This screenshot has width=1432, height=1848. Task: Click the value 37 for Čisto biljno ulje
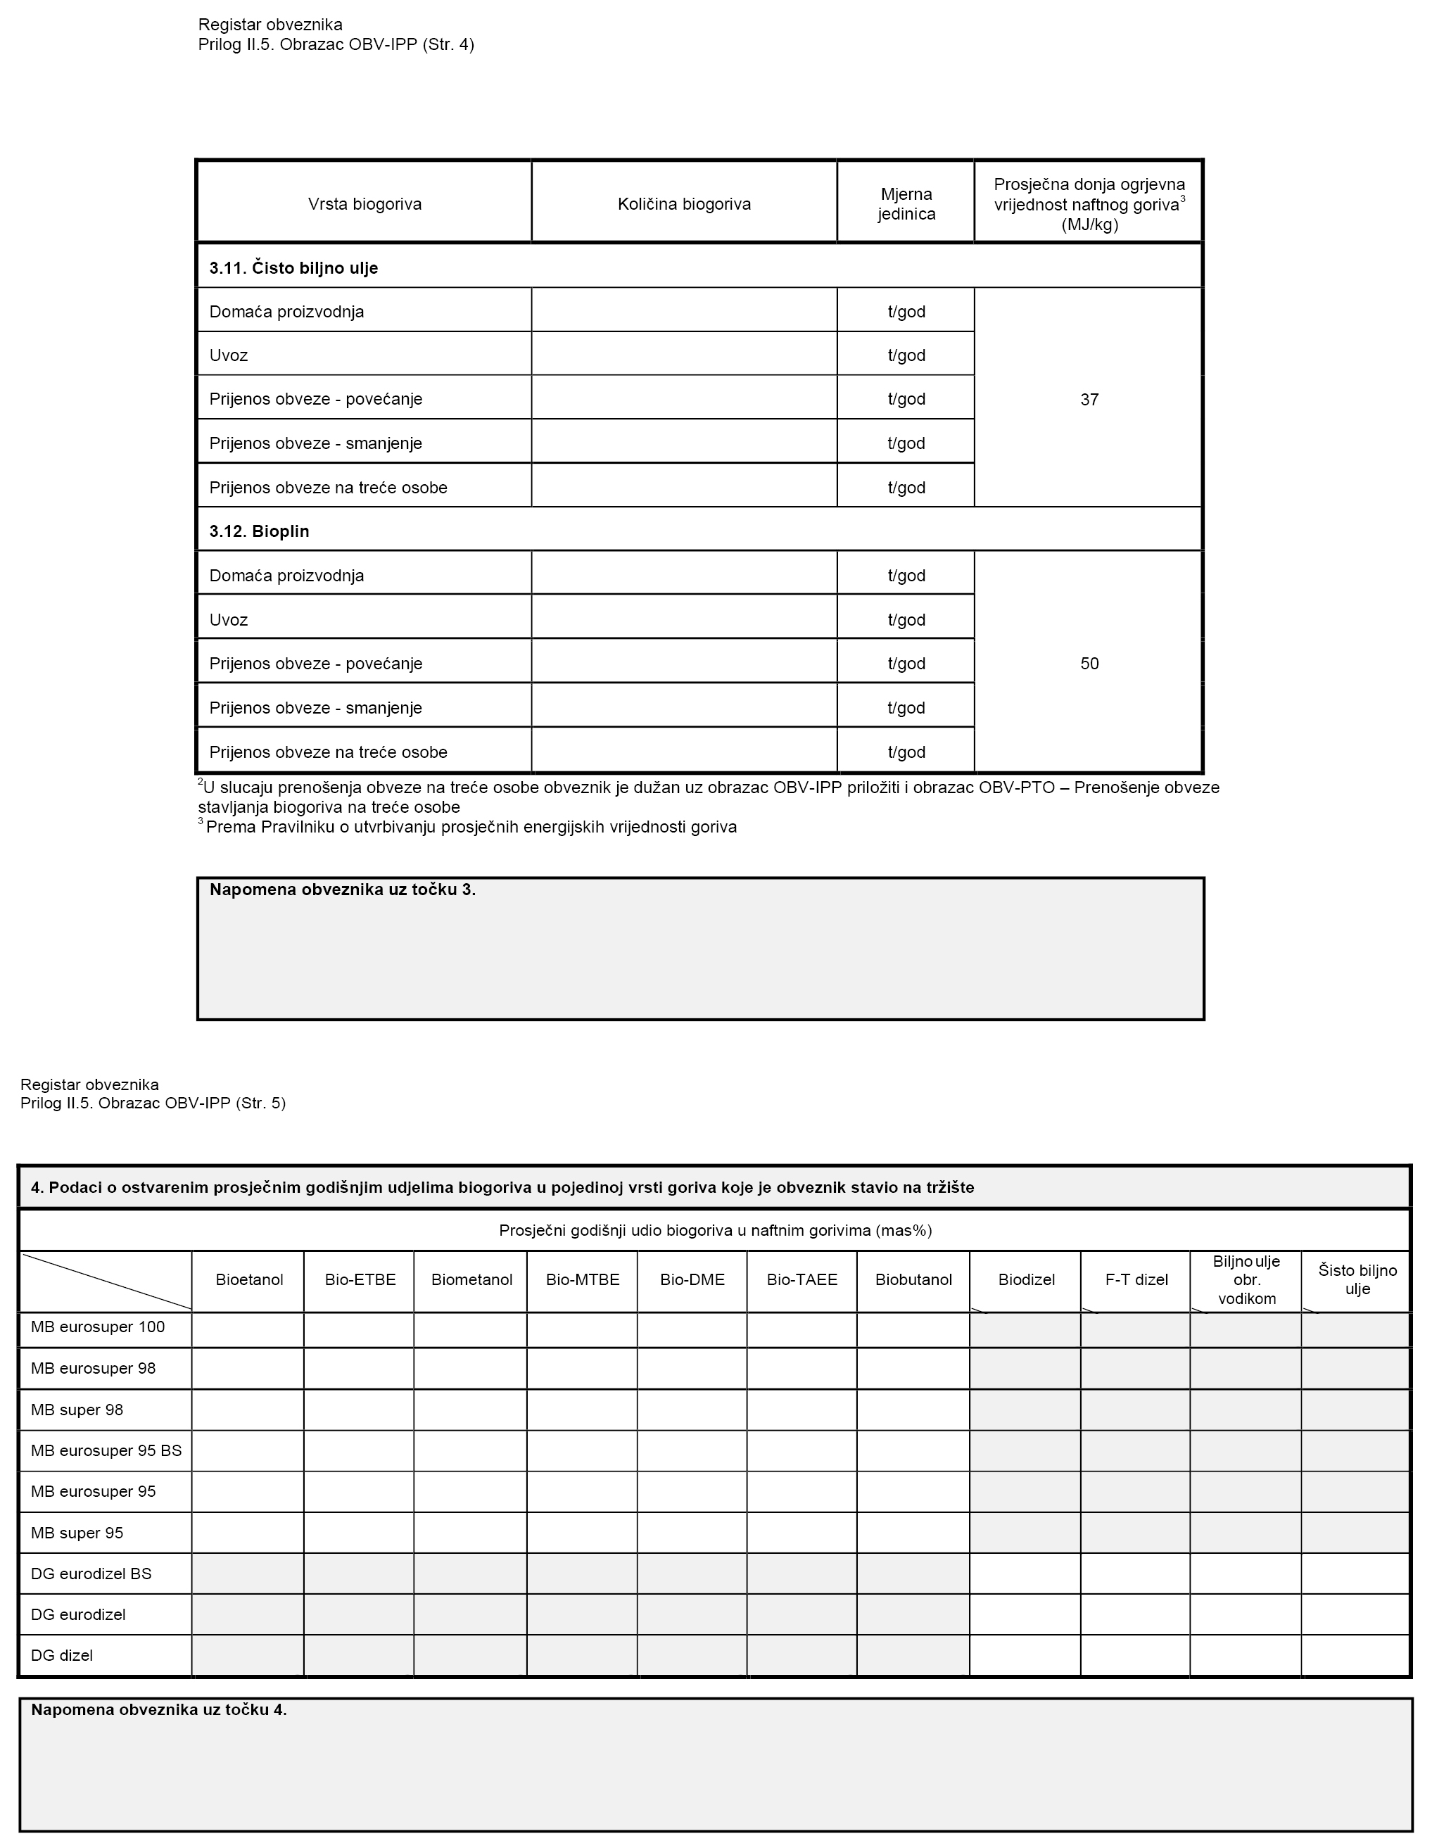click(1089, 400)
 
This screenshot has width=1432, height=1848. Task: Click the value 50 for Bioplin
click(1089, 664)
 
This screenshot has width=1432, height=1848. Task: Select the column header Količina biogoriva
click(684, 204)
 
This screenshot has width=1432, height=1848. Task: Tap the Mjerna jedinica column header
click(906, 205)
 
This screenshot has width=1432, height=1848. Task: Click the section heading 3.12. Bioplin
click(259, 531)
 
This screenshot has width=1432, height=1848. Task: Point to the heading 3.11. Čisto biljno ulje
click(293, 268)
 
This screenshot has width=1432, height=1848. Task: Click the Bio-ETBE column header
click(360, 1279)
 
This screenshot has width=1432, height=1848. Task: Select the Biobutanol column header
click(913, 1279)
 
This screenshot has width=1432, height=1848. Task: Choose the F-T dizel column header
click(1136, 1279)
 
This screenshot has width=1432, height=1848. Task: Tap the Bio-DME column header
click(692, 1279)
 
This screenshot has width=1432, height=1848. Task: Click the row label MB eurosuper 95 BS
click(106, 1450)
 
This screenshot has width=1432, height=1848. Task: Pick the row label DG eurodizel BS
click(91, 1574)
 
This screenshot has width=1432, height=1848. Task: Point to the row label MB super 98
click(77, 1410)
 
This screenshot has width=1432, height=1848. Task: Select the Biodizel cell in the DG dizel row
click(1025, 1655)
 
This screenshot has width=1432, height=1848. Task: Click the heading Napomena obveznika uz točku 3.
click(343, 890)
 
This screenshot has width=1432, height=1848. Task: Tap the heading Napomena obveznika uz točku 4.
click(159, 1709)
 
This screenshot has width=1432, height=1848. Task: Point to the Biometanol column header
click(471, 1279)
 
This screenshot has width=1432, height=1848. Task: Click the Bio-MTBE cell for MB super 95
click(582, 1533)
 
